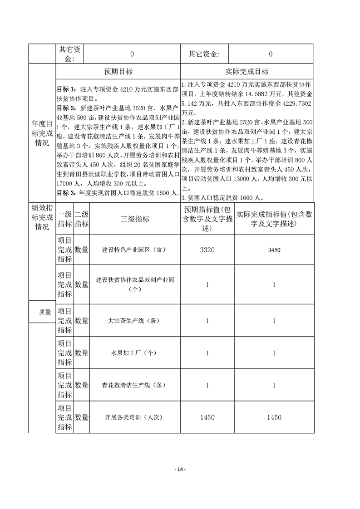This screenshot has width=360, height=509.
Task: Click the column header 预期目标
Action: (118, 72)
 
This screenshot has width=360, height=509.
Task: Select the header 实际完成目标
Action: (247, 72)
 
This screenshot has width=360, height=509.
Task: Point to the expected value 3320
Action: (207, 250)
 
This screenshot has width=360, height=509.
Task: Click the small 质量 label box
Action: (42, 312)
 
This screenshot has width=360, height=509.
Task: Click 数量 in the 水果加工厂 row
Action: (82, 353)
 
